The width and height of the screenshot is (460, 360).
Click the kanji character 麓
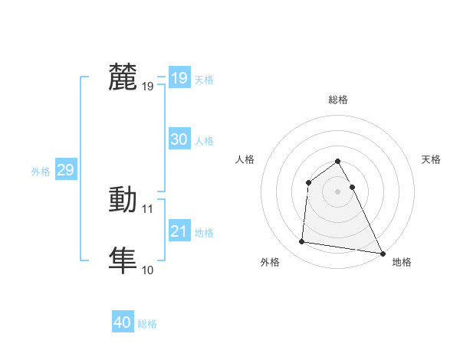click(123, 78)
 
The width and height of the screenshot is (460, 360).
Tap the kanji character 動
click(123, 200)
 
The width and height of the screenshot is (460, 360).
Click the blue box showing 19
click(179, 78)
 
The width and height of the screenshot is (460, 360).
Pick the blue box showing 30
click(179, 139)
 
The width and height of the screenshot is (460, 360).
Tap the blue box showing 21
click(179, 231)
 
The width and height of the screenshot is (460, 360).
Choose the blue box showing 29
click(65, 170)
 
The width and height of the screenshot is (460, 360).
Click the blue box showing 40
click(123, 322)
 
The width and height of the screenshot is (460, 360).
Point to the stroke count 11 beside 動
click(148, 208)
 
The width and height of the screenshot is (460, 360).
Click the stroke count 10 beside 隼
click(148, 270)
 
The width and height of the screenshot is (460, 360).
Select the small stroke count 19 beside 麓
click(148, 87)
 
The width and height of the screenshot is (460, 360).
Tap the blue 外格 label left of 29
click(41, 172)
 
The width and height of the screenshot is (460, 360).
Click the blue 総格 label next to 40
click(147, 324)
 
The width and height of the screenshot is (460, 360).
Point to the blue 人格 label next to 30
click(204, 141)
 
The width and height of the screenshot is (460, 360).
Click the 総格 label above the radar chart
click(338, 100)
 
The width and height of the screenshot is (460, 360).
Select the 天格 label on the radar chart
click(432, 159)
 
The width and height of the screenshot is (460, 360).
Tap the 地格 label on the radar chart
click(402, 262)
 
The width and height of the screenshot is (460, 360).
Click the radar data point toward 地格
click(382, 253)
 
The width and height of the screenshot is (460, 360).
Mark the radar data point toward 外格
click(302, 242)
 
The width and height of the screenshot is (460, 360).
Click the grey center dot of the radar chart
click(338, 191)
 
